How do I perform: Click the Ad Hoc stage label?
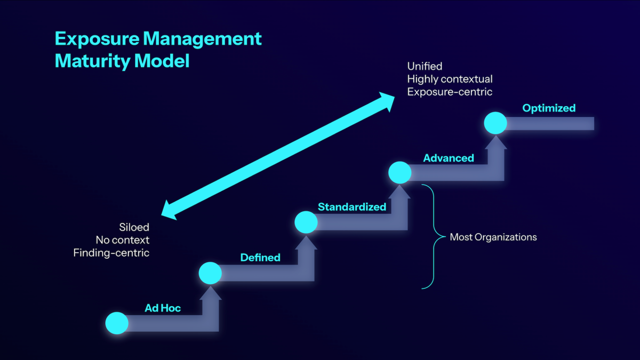[x=163, y=308]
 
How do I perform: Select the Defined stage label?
[x=260, y=258]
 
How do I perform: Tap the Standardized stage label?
[x=352, y=207]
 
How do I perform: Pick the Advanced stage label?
[x=449, y=158]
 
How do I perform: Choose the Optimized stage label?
[x=549, y=108]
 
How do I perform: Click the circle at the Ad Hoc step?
[x=117, y=323]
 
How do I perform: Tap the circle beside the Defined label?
[x=210, y=273]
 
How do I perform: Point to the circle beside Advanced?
[x=399, y=172]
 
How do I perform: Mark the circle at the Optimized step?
[x=495, y=123]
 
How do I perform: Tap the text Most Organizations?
[x=493, y=237]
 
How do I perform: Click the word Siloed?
[x=134, y=228]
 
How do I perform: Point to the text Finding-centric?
[x=111, y=253]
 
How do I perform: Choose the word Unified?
[x=425, y=67]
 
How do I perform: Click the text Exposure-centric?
[x=450, y=92]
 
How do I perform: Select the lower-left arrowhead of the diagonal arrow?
[x=170, y=210]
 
